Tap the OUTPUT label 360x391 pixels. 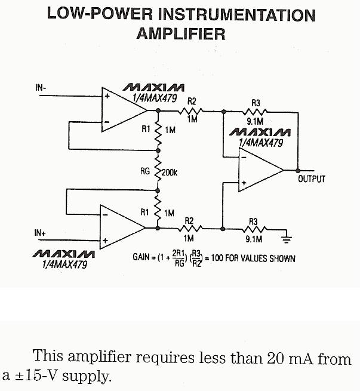tap(312, 179)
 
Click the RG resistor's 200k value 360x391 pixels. tap(170, 173)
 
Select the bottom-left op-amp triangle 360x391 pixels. tap(120, 227)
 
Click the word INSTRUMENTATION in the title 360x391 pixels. tap(233, 15)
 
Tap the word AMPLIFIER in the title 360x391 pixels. tap(181, 33)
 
